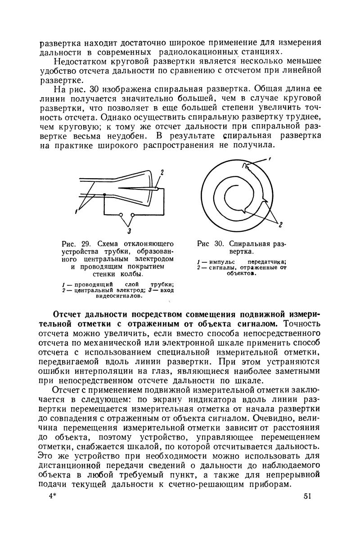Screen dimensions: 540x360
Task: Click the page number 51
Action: point(308,496)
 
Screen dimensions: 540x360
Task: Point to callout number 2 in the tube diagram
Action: point(162,172)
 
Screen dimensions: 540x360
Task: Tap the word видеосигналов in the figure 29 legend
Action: point(119,297)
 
